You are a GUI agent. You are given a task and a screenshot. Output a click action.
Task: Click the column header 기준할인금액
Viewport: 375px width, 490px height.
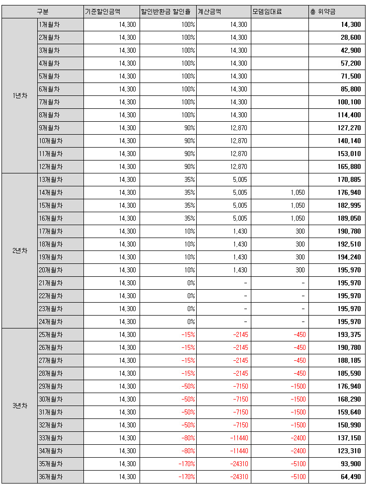click(103, 11)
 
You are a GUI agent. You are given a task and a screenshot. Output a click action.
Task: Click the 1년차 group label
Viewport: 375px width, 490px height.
click(20, 95)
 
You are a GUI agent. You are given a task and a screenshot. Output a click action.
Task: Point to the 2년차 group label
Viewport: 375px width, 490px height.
click(20, 250)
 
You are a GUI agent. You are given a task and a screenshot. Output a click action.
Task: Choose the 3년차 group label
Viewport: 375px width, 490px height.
click(20, 406)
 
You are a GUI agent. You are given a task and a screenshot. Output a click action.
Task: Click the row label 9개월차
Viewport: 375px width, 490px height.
click(49, 128)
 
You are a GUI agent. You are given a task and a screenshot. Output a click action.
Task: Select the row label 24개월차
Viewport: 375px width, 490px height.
click(51, 322)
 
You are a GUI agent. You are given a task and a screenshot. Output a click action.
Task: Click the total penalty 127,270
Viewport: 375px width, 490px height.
click(349, 128)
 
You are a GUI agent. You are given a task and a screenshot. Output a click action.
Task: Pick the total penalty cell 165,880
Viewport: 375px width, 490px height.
click(349, 166)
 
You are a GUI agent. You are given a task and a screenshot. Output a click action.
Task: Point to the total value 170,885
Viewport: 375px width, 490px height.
click(349, 179)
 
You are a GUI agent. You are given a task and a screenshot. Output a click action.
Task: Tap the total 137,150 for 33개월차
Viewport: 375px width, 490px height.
click(349, 438)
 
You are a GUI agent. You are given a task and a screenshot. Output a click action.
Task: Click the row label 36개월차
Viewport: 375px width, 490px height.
click(51, 477)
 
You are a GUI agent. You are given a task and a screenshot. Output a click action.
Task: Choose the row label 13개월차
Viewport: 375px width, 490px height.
click(51, 179)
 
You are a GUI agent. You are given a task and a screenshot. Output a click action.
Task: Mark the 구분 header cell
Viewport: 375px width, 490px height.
click(43, 11)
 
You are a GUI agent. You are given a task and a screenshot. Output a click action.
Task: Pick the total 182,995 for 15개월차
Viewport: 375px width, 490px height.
click(349, 205)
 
